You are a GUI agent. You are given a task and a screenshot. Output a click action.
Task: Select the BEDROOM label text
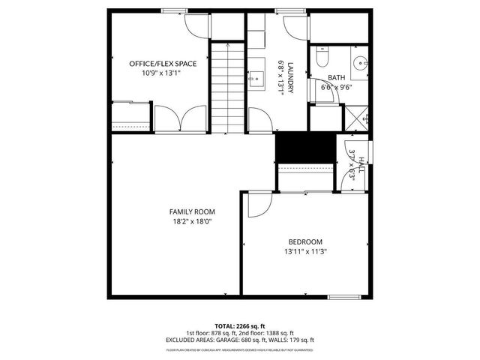[305, 241]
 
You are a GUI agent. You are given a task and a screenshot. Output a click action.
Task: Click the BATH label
[336, 77]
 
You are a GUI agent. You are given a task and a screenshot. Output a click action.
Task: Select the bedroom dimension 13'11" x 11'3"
[305, 251]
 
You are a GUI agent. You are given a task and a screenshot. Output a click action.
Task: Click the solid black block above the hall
[304, 146]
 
